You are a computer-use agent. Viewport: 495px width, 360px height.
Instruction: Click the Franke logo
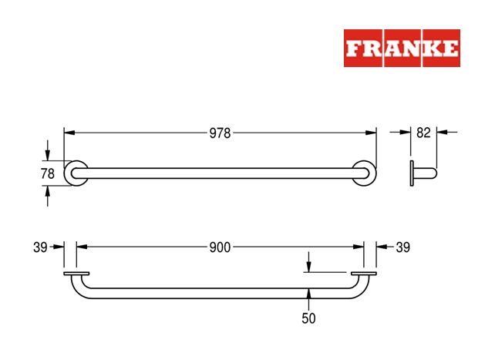click(402, 49)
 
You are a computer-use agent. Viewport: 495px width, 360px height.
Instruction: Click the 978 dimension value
click(220, 133)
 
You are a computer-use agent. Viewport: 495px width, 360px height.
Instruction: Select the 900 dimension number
click(220, 247)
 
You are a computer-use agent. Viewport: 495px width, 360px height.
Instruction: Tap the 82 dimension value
click(423, 133)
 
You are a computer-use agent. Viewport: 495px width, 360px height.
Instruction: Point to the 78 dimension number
click(47, 174)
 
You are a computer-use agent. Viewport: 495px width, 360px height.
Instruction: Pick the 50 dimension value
click(308, 318)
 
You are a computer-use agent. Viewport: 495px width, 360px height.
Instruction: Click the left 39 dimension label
click(40, 247)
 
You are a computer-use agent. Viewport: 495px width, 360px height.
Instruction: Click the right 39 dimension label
click(402, 247)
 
